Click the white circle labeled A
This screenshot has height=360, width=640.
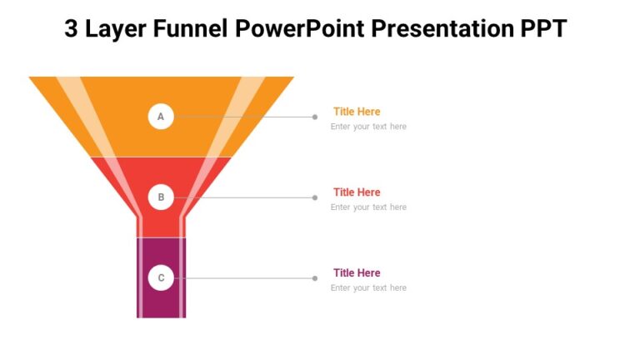coord(161,117)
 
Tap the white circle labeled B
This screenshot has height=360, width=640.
coord(161,197)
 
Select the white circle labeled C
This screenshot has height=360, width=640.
coord(161,278)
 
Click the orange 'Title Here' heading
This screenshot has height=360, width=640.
coord(357,112)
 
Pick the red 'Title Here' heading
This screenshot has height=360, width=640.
coord(357,192)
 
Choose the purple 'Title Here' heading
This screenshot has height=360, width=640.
coord(357,273)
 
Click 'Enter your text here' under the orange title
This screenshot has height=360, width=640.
coord(368,127)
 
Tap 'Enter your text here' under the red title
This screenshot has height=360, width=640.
coord(368,207)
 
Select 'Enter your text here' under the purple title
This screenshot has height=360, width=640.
coord(368,288)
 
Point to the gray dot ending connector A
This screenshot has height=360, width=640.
coord(315,117)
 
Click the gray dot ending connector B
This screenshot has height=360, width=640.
coord(315,197)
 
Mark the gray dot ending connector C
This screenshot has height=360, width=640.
coord(315,278)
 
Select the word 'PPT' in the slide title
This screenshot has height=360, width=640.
coord(541,29)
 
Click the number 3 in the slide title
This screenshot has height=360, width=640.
coord(72,29)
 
